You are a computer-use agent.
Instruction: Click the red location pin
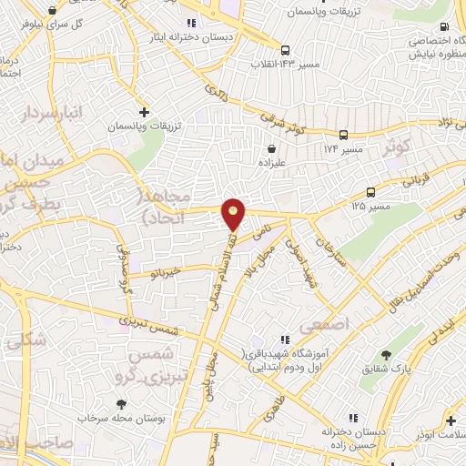click(234, 212)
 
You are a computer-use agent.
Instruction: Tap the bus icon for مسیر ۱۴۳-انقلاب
click(286, 51)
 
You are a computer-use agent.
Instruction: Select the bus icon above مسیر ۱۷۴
click(343, 133)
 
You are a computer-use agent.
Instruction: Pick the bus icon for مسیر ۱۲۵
click(370, 192)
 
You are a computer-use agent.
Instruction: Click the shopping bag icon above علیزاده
click(271, 148)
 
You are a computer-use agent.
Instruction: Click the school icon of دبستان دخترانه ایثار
click(191, 23)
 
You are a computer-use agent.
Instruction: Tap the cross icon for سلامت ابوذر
click(451, 420)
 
